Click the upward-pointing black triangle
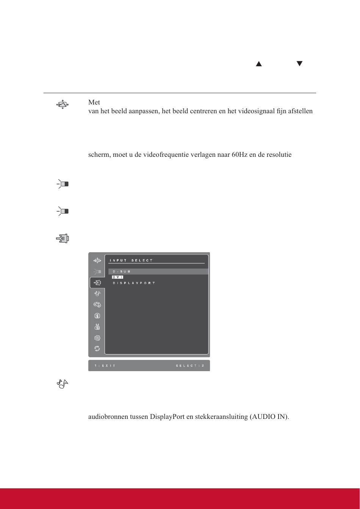click(x=258, y=64)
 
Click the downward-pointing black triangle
click(x=299, y=64)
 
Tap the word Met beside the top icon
click(x=94, y=103)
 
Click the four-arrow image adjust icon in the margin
click(x=62, y=105)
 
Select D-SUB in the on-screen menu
click(x=121, y=272)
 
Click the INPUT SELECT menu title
click(x=131, y=260)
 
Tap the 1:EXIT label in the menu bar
click(x=105, y=365)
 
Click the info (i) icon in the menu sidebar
click(x=97, y=315)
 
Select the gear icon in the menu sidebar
click(x=97, y=337)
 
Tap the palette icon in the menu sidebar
click(x=97, y=304)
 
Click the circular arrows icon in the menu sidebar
click(x=97, y=348)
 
